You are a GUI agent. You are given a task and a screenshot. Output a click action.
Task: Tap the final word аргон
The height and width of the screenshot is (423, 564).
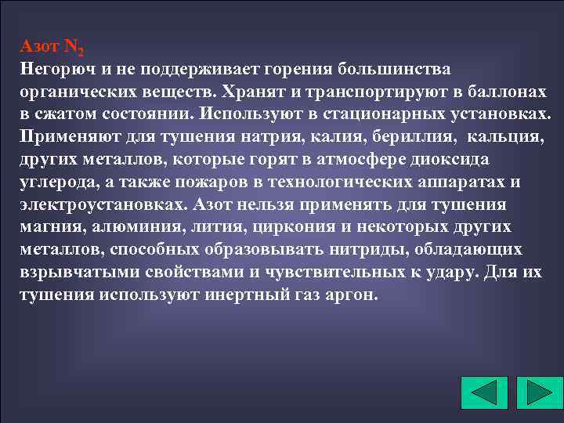pos(354,296)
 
